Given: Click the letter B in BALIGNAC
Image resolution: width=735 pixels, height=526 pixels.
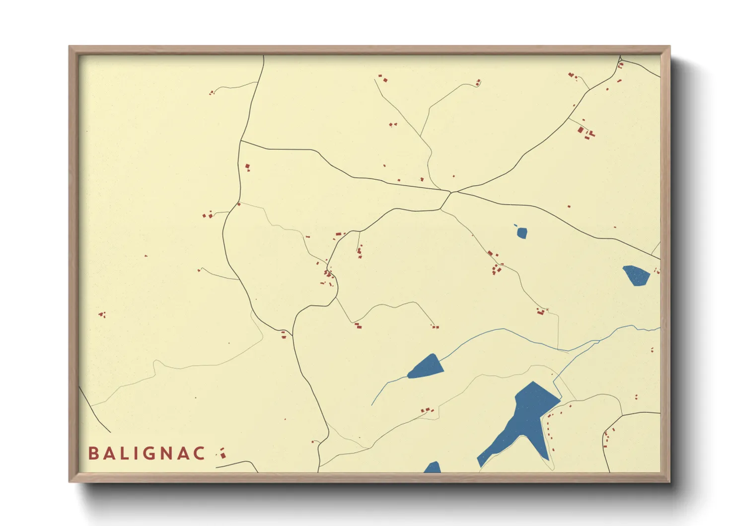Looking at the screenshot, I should click(x=93, y=453).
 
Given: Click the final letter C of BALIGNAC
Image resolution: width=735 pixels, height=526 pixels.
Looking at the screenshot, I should click(x=199, y=453).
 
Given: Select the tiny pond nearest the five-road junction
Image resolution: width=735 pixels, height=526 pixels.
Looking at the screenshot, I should click(x=521, y=232).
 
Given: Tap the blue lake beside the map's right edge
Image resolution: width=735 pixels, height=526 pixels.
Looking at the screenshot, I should click(x=636, y=275).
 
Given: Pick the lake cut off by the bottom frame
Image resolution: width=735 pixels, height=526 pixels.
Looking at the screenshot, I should click(x=433, y=467).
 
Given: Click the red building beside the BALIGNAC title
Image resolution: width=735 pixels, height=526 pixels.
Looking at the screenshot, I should click(x=222, y=453).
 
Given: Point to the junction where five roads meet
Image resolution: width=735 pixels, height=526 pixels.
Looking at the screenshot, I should click(x=451, y=192).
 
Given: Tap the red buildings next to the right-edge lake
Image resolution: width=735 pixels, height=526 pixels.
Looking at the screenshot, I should click(x=657, y=271).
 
